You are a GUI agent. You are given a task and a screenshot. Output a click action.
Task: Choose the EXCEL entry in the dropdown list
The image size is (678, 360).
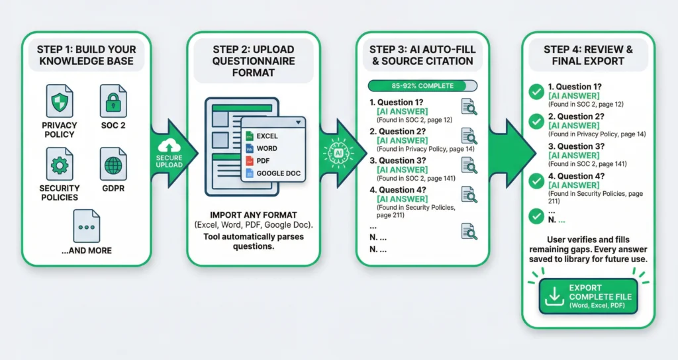[x=267, y=136]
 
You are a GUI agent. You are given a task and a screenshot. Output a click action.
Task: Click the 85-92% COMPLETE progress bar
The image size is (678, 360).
[x=422, y=85]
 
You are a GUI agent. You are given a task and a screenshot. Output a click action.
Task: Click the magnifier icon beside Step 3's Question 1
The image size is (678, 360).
[x=469, y=107]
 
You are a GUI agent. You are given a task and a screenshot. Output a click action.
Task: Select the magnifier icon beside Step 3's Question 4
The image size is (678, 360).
[x=469, y=195]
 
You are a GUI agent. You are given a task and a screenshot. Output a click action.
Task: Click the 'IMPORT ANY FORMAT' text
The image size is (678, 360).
[x=253, y=215]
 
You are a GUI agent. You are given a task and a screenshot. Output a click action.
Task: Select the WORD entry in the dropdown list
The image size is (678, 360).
[x=266, y=149]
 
